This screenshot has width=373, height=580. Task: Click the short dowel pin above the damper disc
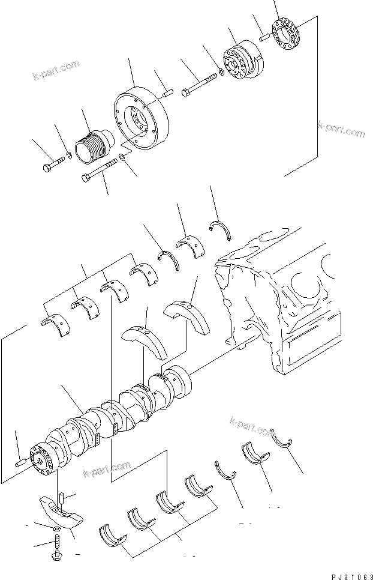click(166, 92)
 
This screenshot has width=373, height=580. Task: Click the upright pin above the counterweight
click(61, 498)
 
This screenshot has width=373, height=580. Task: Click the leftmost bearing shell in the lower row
click(111, 534)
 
